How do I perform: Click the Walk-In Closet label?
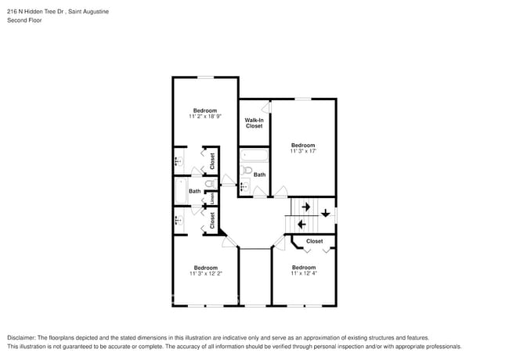click(x=254, y=123)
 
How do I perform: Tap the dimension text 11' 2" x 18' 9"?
click(x=205, y=117)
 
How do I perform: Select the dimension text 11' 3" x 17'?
click(x=302, y=151)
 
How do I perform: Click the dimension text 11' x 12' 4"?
click(x=304, y=273)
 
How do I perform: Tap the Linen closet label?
click(x=212, y=198)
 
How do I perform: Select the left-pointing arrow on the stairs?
click(x=301, y=224)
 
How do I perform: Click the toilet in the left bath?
click(x=208, y=183)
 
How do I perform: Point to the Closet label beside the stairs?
click(x=314, y=241)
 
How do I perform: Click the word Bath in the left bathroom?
click(x=194, y=191)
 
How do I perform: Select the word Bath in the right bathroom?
click(x=259, y=175)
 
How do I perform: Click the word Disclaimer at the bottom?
click(x=23, y=337)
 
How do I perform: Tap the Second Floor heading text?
click(x=24, y=20)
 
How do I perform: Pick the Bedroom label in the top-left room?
click(x=205, y=110)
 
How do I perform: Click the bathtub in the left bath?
click(x=179, y=191)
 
